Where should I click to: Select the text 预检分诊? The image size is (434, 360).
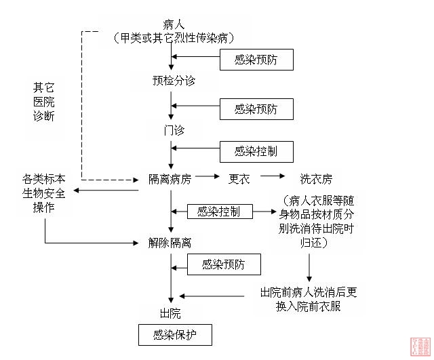[174, 81]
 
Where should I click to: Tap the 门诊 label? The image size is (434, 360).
[174, 129]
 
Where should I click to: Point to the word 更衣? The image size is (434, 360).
[239, 179]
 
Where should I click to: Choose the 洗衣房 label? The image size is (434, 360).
[316, 179]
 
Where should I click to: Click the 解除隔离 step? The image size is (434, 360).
[170, 242]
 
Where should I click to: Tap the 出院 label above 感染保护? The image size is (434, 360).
[170, 313]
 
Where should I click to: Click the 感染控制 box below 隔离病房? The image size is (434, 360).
[218, 212]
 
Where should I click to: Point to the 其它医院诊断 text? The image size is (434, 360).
[43, 102]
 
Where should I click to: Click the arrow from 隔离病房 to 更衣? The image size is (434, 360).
[208, 178]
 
